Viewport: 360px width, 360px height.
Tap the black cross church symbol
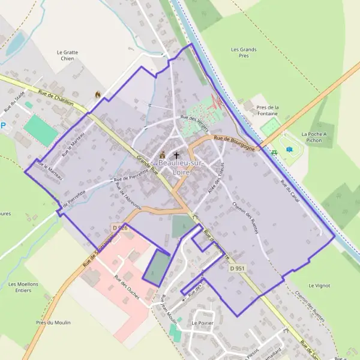176,155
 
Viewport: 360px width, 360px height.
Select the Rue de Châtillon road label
55,98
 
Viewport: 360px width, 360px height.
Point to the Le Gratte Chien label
67,56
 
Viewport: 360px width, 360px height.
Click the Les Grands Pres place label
244,52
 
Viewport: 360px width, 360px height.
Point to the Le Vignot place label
319,286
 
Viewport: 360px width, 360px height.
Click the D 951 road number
237,268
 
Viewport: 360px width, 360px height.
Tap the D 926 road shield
119,228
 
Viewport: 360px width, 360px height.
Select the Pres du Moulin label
53,323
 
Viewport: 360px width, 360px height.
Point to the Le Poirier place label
202,323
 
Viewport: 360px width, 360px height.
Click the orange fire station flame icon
98,94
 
